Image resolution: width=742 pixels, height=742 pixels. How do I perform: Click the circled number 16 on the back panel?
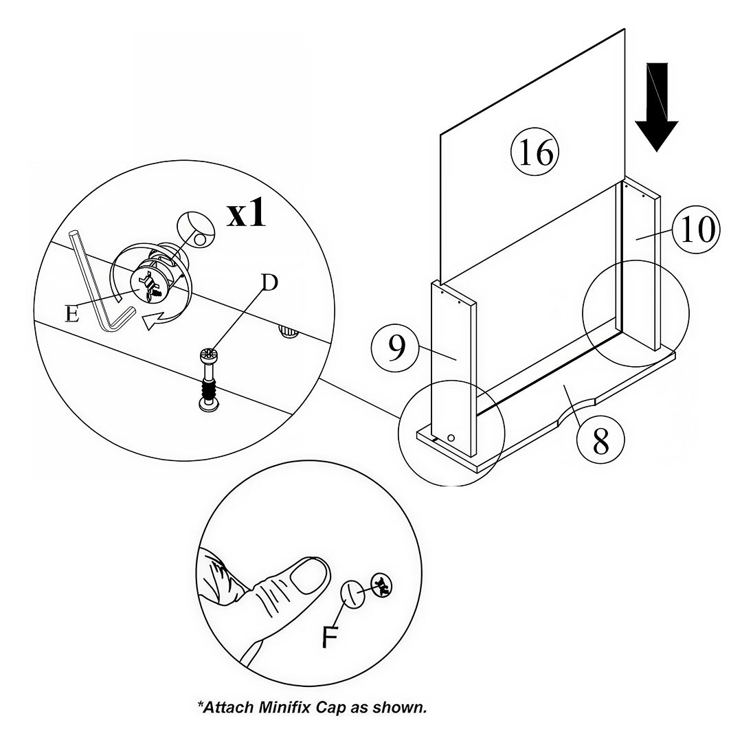click(x=536, y=153)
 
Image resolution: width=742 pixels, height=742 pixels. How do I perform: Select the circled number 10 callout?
click(x=696, y=229)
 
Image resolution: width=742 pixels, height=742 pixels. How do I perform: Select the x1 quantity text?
click(x=246, y=215)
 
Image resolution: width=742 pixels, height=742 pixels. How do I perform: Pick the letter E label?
click(x=71, y=313)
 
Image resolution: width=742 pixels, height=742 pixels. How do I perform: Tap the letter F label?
click(x=330, y=638)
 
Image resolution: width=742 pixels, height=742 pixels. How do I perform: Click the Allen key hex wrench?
click(x=96, y=289)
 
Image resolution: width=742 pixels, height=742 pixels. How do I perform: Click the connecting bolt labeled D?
click(x=209, y=381)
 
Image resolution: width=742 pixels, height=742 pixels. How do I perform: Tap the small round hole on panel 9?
click(x=450, y=437)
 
